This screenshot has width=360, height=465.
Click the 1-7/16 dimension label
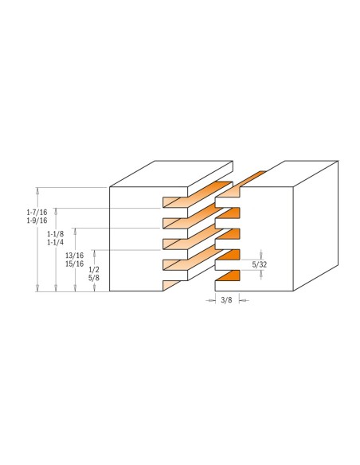pos(37,213)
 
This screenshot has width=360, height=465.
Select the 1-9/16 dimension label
pos(37,221)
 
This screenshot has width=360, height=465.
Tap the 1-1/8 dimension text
pos(56,234)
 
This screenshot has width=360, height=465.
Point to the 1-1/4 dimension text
pos(56,242)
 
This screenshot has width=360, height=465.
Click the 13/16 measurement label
pos(74,256)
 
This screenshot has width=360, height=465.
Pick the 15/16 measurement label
pos(74,264)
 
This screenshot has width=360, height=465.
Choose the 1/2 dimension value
pos(94,270)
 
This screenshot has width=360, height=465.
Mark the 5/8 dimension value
pos(94,278)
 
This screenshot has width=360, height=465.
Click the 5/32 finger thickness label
pos(260,264)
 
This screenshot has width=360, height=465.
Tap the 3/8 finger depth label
pos(226,300)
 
